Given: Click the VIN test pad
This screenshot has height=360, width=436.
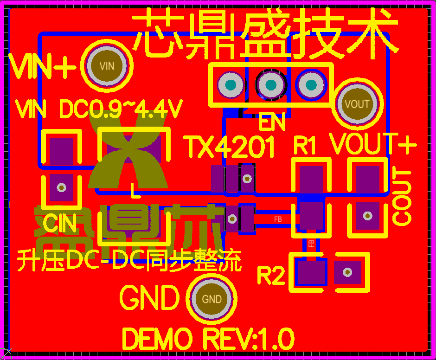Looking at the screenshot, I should click(x=107, y=65).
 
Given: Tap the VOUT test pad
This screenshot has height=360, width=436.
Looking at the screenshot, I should click(x=358, y=104).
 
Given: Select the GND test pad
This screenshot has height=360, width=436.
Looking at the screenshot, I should click(x=212, y=299).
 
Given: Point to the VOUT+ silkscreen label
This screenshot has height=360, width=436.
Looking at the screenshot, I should click(x=373, y=144).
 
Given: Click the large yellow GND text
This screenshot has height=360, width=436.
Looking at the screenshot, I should click(x=149, y=297).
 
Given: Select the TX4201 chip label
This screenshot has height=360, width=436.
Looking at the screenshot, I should click(x=230, y=147).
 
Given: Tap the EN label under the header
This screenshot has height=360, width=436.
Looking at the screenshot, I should click(x=272, y=123).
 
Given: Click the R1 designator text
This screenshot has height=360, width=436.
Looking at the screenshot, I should click(x=305, y=146).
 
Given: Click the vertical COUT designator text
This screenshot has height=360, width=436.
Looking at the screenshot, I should click(x=402, y=197).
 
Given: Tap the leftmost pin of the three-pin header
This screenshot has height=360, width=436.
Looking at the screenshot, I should click(x=231, y=85).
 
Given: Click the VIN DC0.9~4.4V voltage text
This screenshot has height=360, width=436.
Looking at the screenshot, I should click(x=98, y=109).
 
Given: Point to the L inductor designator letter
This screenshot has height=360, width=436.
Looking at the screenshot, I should click(x=134, y=190).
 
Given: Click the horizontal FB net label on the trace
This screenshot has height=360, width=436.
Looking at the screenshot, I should click(x=278, y=219).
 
